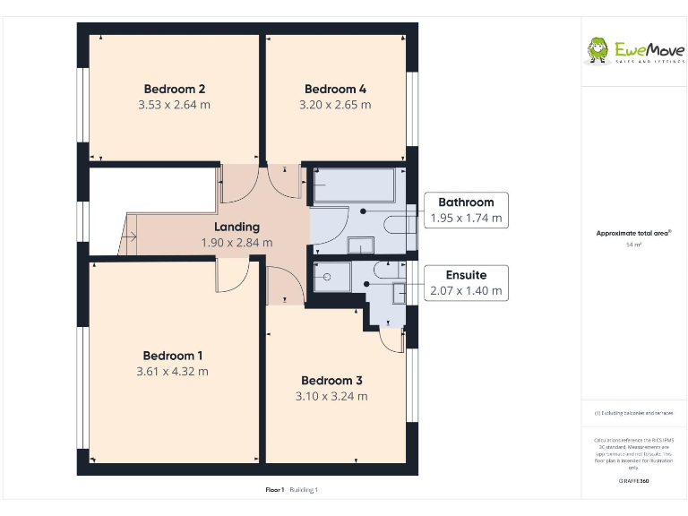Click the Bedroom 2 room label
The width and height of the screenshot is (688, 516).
pos(175,89)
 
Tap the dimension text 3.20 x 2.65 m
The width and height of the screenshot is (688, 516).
pos(335,105)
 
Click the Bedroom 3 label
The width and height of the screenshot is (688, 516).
pos(331,380)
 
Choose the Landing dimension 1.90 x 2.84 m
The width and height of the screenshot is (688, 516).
pos(236,243)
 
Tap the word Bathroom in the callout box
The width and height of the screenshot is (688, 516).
pos(466,202)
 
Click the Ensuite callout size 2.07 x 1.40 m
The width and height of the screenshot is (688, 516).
pos(466,291)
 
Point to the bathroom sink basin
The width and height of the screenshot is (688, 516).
pos(361,245)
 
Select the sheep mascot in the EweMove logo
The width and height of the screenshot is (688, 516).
pos(598,50)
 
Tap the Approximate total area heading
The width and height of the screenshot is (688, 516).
pos(633,233)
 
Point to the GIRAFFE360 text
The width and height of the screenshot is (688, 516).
pos(633,482)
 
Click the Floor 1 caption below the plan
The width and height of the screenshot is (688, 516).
pos(274,490)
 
